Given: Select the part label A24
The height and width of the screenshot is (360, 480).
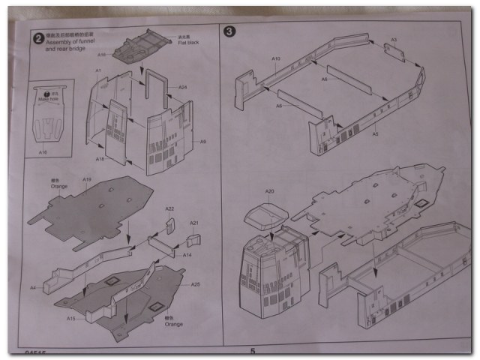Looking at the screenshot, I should point(181,87).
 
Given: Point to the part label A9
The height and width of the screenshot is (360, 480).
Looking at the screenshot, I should point(202,141).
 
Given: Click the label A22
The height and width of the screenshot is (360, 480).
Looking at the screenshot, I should point(169,208).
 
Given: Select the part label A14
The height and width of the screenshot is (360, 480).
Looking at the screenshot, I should point(187,255).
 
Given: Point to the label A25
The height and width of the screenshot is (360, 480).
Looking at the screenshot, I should point(195,284).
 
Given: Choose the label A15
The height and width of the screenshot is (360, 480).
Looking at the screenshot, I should point(70,318).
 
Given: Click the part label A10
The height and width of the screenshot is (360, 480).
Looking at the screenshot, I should point(275,58).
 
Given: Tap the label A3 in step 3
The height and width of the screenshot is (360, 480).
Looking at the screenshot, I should point(393,39).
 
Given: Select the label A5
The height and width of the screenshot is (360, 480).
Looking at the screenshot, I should point(374,134).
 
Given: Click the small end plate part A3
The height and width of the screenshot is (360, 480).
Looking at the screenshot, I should point(394,51).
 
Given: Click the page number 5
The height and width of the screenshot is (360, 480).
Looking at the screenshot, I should point(253,350).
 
